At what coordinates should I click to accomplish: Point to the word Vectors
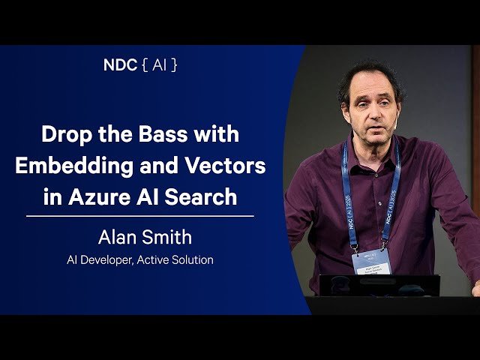click(229, 166)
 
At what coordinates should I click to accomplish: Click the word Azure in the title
click(109, 196)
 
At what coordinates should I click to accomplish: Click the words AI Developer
click(98, 260)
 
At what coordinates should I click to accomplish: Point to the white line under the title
click(139, 216)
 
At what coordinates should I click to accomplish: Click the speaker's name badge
click(371, 262)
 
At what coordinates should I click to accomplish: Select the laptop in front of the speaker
click(379, 285)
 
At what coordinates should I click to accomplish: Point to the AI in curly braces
click(159, 64)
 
